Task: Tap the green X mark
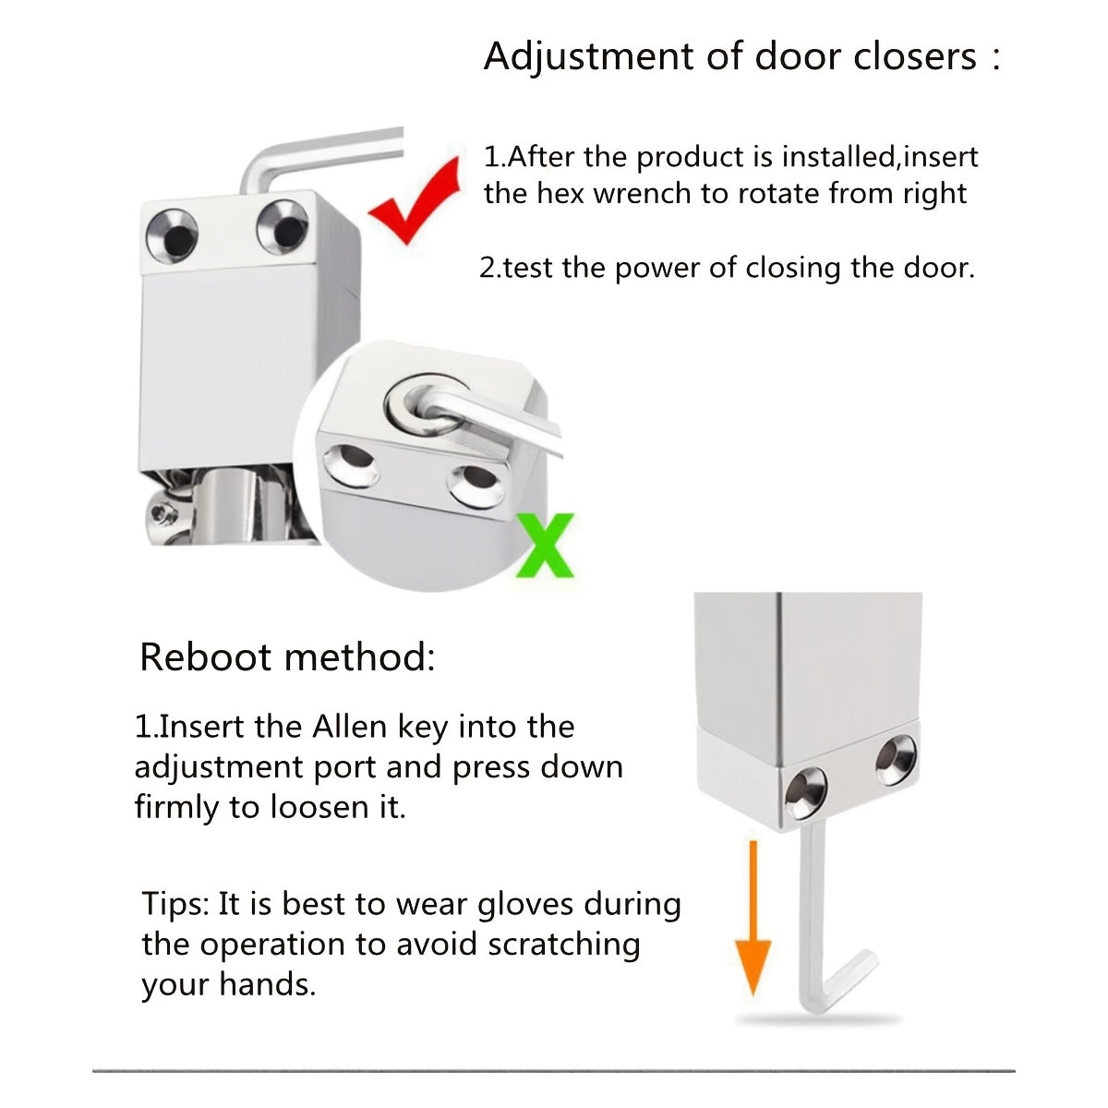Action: click(x=545, y=546)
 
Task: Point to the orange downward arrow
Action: click(x=753, y=918)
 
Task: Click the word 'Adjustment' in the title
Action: click(x=589, y=58)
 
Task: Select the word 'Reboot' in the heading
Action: click(x=206, y=657)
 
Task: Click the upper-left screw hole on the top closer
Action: click(x=172, y=235)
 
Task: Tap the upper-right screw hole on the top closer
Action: click(x=283, y=227)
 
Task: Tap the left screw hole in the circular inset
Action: click(x=351, y=464)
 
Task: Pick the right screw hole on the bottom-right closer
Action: click(x=896, y=760)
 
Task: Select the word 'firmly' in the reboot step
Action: click(x=176, y=807)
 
